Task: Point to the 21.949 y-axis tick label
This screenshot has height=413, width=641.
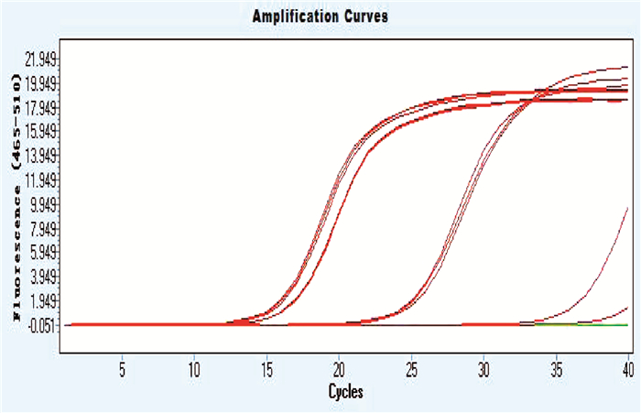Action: click(42, 60)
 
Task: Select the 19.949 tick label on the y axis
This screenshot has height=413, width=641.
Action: click(42, 84)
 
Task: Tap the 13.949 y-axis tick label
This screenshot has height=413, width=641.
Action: click(42, 156)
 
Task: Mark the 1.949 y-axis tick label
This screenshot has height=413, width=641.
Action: click(42, 300)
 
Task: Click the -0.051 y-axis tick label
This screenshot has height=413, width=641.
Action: click(42, 325)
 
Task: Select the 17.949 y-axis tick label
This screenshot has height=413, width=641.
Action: click(42, 108)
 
